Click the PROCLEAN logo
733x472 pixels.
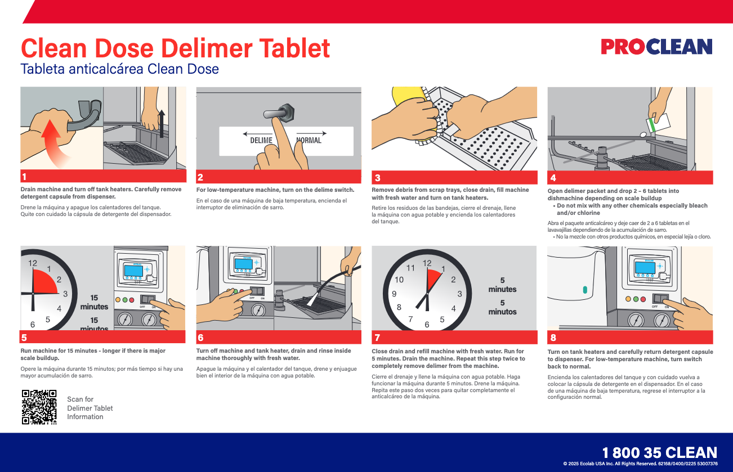[656, 47]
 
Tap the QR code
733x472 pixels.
[39, 407]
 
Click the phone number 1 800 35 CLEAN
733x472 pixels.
[659, 453]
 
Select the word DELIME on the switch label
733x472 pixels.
[261, 141]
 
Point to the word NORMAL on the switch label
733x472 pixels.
[309, 141]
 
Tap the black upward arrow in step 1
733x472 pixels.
[162, 123]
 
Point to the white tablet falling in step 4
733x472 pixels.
[643, 134]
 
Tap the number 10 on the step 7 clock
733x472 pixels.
[399, 280]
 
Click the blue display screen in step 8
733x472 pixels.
[643, 268]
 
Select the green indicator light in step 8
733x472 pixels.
[642, 299]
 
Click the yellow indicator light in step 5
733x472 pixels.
[118, 299]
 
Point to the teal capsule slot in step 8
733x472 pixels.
[585, 290]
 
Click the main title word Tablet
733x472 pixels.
[288, 48]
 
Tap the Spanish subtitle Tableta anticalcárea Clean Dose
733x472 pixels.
[119, 70]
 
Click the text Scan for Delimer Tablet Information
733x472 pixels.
[90, 408]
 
